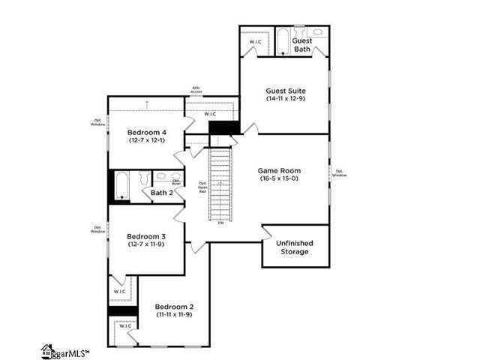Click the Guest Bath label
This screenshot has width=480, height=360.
(x=301, y=45)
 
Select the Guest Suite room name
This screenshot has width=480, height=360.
(x=285, y=91)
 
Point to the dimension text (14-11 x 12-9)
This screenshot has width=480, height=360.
(x=285, y=99)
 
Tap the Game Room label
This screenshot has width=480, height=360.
(x=279, y=171)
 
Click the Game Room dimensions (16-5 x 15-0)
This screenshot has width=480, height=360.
(x=279, y=179)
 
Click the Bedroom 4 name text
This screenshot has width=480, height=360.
(x=146, y=133)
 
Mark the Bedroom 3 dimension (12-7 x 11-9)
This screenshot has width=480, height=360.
(x=146, y=244)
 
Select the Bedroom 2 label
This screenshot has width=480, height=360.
(x=174, y=307)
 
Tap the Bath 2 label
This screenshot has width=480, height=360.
(x=162, y=193)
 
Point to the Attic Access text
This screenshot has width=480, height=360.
(x=196, y=89)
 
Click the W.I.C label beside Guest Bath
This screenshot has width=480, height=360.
(x=255, y=42)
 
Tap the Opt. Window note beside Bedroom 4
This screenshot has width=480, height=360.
(x=98, y=121)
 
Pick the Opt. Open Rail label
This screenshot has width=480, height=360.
(x=202, y=187)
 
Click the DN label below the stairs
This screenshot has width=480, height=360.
(x=220, y=223)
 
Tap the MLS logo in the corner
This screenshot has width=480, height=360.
(x=65, y=351)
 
